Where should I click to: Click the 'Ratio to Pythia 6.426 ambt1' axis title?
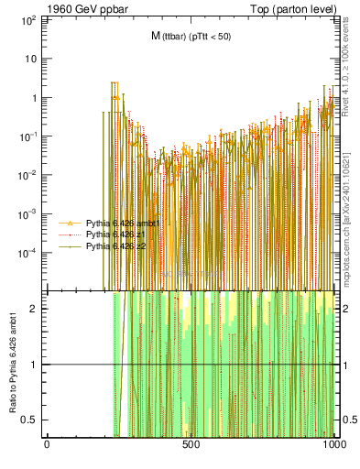[13, 365]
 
